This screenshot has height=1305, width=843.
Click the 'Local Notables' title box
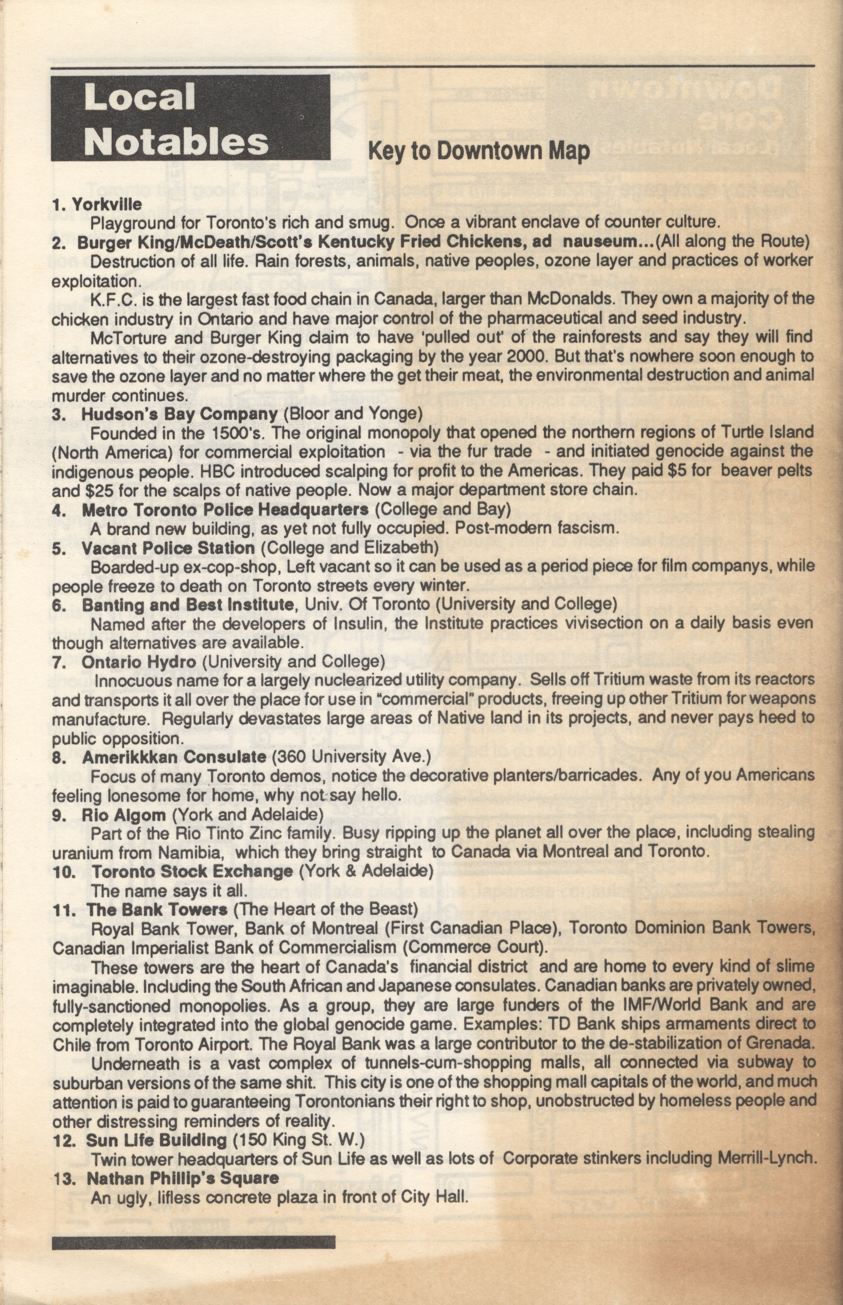(190, 117)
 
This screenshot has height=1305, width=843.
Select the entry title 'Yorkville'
(107, 204)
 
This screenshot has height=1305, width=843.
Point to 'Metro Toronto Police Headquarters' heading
(225, 509)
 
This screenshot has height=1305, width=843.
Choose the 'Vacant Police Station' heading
(168, 547)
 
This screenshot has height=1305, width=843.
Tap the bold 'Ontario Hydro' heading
(139, 662)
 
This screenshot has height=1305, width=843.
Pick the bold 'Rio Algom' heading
(124, 814)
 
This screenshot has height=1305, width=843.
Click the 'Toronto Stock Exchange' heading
(192, 871)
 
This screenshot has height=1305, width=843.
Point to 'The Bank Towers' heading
(157, 909)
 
